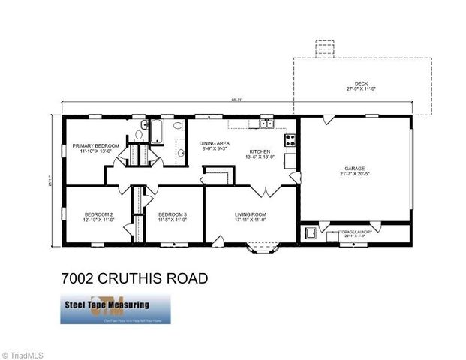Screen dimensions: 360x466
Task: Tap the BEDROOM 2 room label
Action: pyautogui.click(x=98, y=214)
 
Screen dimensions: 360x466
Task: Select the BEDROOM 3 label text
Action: pyautogui.click(x=172, y=214)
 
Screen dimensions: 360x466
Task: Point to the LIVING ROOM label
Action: pyautogui.click(x=251, y=214)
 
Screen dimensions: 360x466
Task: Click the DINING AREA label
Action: pyautogui.click(x=214, y=142)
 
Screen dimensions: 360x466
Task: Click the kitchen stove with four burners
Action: pyautogui.click(x=290, y=139)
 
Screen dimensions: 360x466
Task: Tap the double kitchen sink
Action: pyautogui.click(x=266, y=123)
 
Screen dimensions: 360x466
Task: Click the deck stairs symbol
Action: pyautogui.click(x=325, y=47)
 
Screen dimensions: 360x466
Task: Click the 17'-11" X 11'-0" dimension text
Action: pyautogui.click(x=251, y=220)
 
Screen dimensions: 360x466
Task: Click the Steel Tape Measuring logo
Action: pyautogui.click(x=115, y=308)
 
